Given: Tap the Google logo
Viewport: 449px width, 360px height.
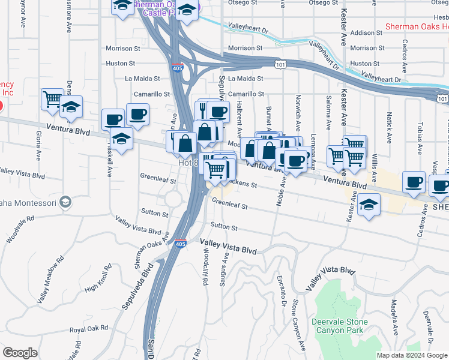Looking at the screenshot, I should [x=20, y=353].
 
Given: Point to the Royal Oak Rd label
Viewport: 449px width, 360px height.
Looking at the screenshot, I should [x=88, y=329].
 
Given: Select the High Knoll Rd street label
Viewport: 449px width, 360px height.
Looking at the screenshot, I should [x=99, y=279].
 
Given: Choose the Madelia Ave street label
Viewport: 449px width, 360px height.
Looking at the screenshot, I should [x=394, y=319].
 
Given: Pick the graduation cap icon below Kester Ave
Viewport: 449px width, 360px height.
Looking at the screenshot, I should [x=369, y=205].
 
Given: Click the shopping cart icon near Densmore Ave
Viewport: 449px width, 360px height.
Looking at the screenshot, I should [x=52, y=98].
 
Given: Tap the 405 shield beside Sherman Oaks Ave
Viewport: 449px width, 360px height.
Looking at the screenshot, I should [x=181, y=244].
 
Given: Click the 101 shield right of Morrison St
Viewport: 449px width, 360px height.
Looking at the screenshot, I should [x=282, y=63].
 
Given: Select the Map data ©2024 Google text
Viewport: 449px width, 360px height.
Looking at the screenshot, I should [x=411, y=355].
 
